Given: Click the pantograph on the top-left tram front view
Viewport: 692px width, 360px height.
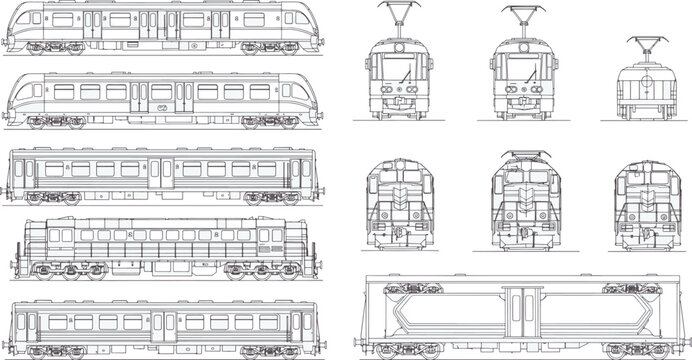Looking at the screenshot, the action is (x=392, y=19).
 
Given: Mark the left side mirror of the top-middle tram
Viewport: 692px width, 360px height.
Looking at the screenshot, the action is (x=491, y=66).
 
